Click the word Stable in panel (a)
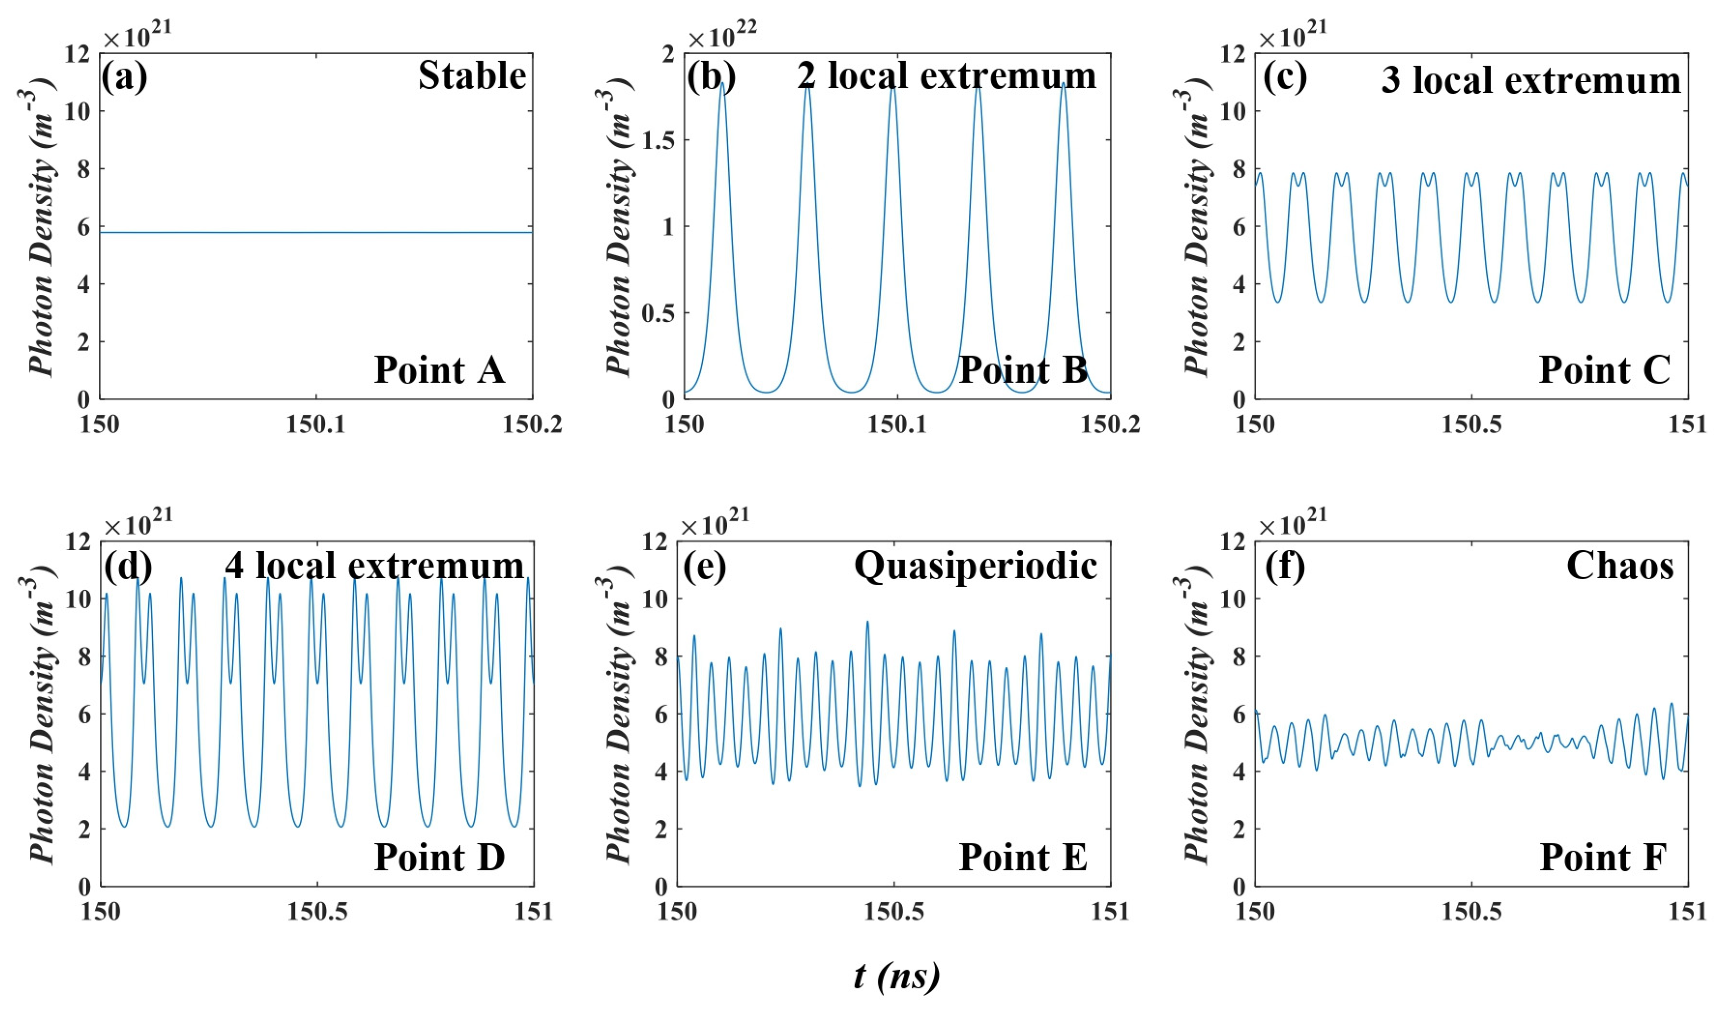[x=472, y=76]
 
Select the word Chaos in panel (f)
[x=1620, y=565]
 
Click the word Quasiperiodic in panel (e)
[x=975, y=565]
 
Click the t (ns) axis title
[x=896, y=976]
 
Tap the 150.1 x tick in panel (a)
[x=315, y=425]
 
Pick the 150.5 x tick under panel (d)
[x=315, y=912]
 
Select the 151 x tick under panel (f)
[x=1686, y=912]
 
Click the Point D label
[x=440, y=858]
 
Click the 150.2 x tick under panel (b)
[x=1109, y=425]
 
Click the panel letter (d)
[x=127, y=565]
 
